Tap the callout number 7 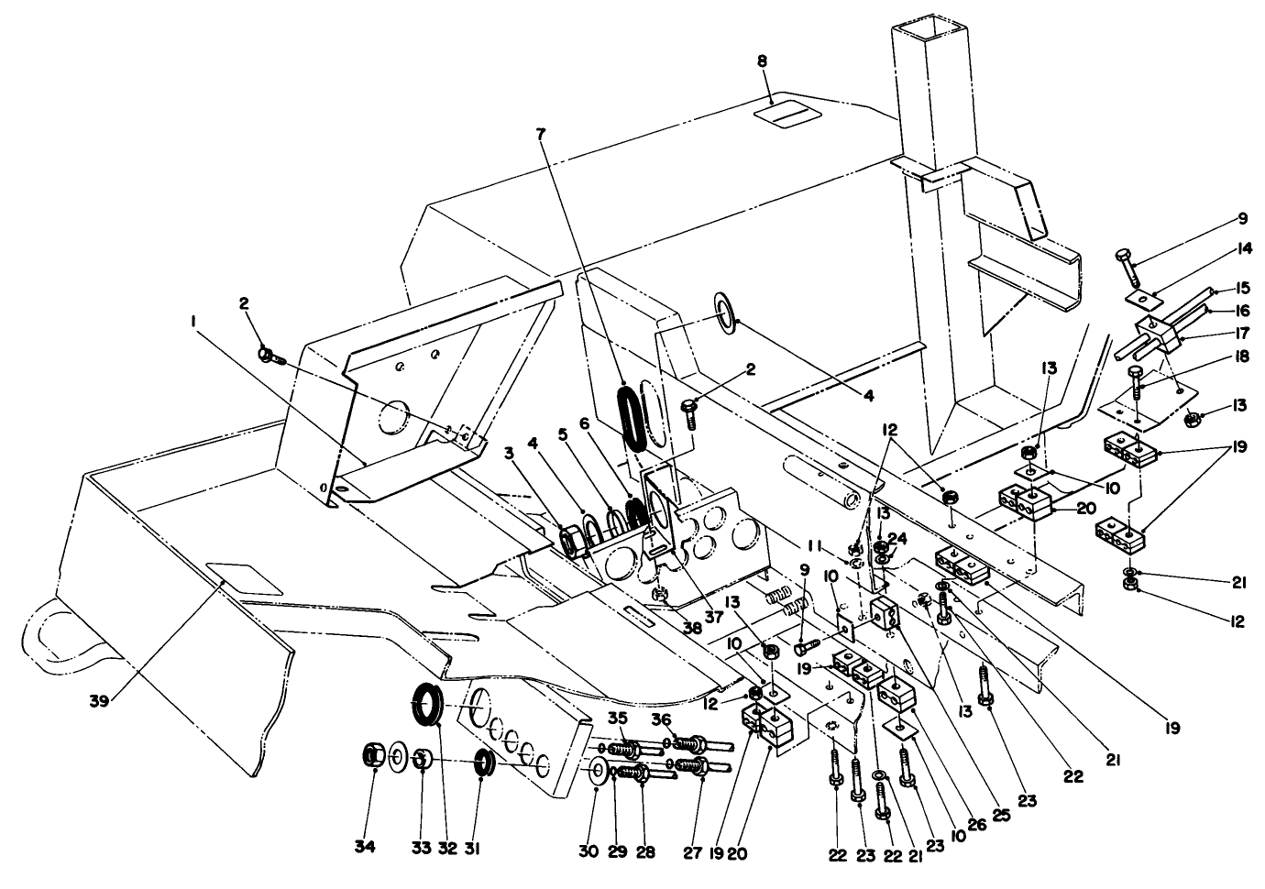(540, 134)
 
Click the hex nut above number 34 (374, 756)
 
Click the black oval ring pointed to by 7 (632, 418)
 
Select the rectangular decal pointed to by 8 (785, 115)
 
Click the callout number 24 (900, 537)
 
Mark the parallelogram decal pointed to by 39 (245, 578)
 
